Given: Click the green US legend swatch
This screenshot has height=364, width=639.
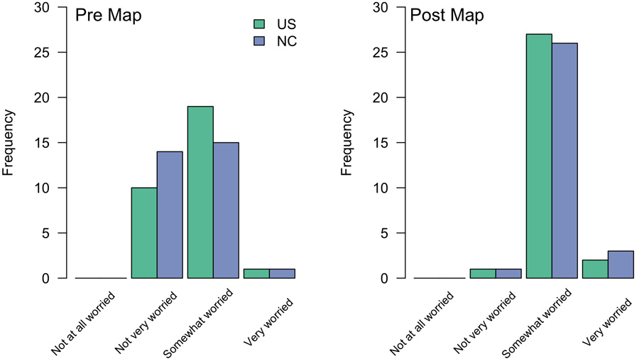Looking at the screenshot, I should click(x=258, y=24).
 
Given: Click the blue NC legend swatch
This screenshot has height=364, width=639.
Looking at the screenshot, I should click(x=258, y=41).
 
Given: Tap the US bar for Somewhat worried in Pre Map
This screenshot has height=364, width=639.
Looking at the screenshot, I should click(x=200, y=192).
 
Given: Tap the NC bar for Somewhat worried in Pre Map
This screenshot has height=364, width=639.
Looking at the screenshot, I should click(x=226, y=210).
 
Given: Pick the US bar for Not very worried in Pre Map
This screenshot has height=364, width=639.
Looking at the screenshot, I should click(x=144, y=232).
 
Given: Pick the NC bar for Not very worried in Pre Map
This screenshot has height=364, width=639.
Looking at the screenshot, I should click(x=170, y=215).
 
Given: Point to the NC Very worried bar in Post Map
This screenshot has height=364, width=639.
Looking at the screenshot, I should click(x=621, y=264).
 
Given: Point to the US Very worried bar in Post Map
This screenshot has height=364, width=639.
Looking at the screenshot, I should click(x=595, y=269).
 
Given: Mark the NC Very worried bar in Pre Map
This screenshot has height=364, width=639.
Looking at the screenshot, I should click(x=282, y=274).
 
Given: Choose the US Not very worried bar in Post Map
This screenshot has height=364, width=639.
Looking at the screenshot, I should click(x=483, y=274).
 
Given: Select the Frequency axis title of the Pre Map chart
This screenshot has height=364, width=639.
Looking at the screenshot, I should click(x=9, y=142).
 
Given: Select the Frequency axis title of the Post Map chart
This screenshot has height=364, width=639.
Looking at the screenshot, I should click(x=348, y=142).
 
